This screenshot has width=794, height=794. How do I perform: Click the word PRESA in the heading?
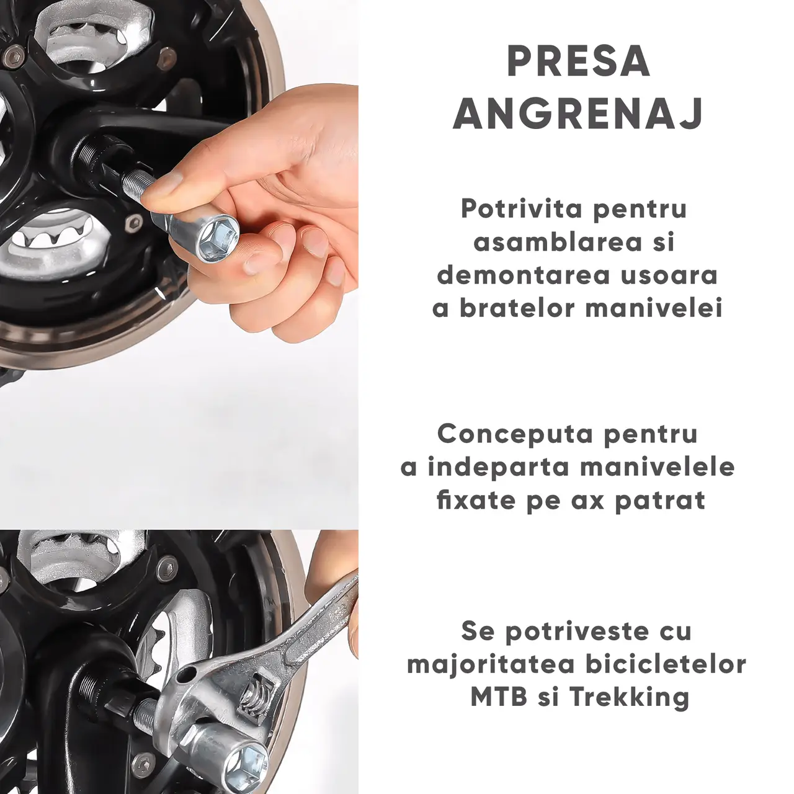pos(579,63)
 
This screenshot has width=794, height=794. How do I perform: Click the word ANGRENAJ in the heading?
pos(579,114)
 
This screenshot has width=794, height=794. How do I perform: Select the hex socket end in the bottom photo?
pos(245,761)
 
